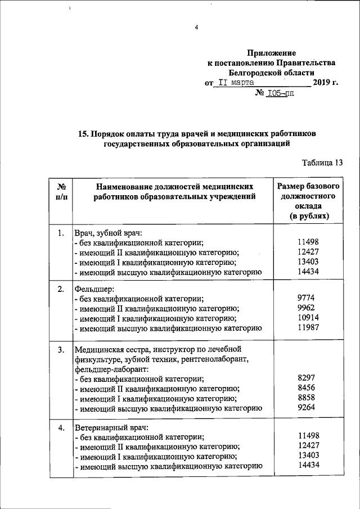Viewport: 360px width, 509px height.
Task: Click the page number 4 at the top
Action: point(197,28)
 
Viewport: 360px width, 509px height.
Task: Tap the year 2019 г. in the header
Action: point(326,82)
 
